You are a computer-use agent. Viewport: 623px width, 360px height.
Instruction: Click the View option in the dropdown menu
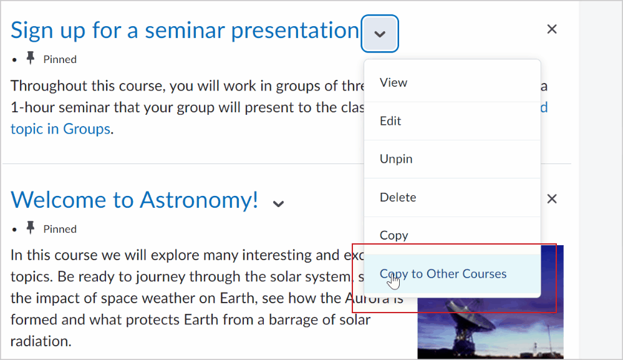tap(394, 83)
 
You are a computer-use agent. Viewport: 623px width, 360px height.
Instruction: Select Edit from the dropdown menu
tap(391, 121)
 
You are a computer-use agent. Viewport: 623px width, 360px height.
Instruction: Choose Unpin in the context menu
tap(396, 159)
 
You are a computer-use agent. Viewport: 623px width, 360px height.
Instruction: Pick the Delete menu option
tap(398, 197)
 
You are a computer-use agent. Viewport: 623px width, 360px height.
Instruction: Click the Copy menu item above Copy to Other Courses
tap(394, 235)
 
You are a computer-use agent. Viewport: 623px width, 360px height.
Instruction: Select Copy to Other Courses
tap(443, 274)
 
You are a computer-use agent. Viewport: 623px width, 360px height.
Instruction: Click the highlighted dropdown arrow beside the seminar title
tap(380, 34)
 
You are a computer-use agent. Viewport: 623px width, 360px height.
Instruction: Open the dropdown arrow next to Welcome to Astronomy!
tap(279, 203)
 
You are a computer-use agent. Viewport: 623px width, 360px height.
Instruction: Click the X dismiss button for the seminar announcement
tap(551, 29)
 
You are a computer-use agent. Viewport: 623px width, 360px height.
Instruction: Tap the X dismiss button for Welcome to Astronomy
tap(551, 199)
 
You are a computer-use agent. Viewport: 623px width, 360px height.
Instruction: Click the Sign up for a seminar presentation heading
tap(185, 30)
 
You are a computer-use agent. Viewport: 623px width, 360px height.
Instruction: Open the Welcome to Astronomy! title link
tap(134, 200)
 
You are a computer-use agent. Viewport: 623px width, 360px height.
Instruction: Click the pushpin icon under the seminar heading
tap(30, 59)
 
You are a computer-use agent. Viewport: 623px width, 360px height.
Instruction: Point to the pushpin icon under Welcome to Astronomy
tap(30, 228)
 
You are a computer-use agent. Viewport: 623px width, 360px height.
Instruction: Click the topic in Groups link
tap(60, 129)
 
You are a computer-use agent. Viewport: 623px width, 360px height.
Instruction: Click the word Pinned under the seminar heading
tap(60, 60)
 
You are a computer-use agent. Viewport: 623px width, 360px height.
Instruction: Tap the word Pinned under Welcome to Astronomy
tap(60, 230)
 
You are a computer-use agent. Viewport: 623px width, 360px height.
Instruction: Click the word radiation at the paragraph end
tap(40, 341)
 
